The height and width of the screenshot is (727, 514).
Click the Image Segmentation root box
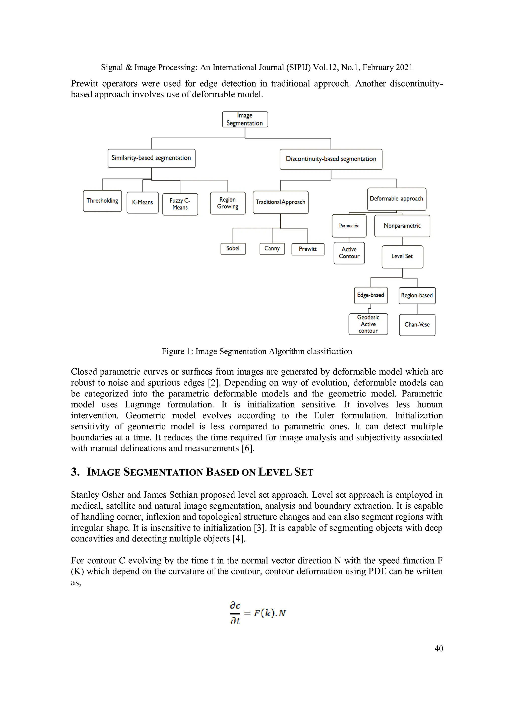(x=245, y=119)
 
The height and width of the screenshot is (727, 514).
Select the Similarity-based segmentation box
(x=151, y=158)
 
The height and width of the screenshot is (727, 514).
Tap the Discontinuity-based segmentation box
(x=331, y=159)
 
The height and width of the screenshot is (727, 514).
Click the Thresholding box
(x=102, y=201)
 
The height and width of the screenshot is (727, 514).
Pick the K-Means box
(x=143, y=202)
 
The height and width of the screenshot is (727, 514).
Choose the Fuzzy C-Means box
(x=180, y=204)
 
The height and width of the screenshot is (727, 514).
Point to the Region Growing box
(x=228, y=203)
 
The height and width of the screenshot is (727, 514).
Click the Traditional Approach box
(x=281, y=202)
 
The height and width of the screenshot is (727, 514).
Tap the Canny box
(x=272, y=248)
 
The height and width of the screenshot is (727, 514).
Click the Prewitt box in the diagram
(x=308, y=249)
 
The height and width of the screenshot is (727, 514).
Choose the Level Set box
(x=402, y=256)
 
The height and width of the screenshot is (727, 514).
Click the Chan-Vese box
(x=417, y=325)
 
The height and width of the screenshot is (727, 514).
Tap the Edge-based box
(x=370, y=295)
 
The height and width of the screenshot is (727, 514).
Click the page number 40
(x=439, y=648)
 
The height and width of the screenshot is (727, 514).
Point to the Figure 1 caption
(x=257, y=352)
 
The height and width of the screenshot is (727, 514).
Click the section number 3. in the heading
(x=75, y=472)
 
